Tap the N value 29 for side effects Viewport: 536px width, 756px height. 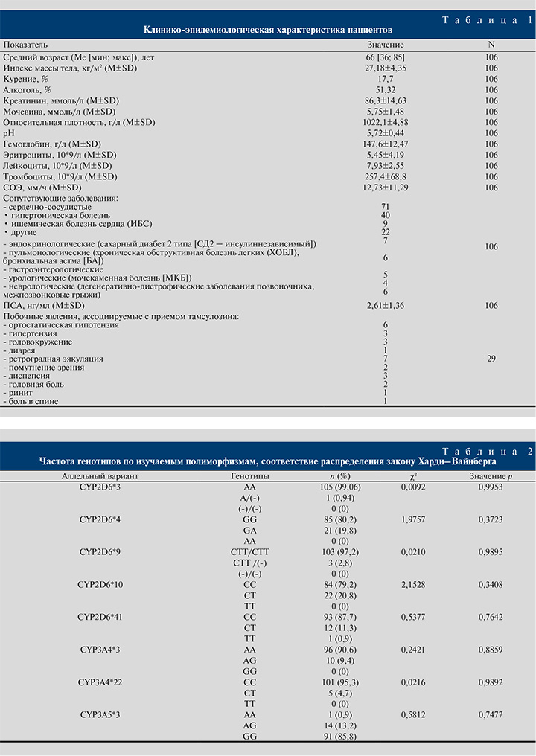click(491, 359)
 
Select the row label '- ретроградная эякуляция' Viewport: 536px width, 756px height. click(54, 359)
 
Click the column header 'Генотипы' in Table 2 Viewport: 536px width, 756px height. click(245, 475)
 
